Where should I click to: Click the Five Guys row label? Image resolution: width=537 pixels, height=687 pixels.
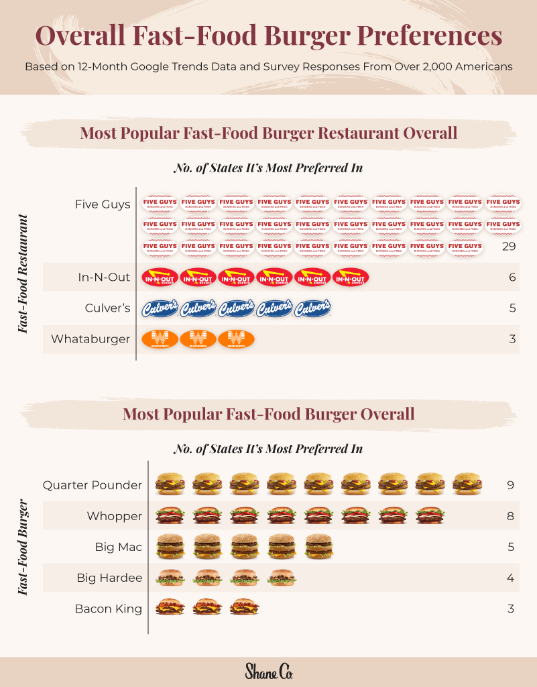pos(103,204)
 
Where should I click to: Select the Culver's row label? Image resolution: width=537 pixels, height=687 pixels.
pos(107,308)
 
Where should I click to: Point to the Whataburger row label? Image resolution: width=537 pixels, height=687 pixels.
pos(91,338)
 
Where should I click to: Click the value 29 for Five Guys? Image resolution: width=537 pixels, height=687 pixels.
pos(508,247)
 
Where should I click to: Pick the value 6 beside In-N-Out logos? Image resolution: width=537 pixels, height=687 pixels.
pos(512,277)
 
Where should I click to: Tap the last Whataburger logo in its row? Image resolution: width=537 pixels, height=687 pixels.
pos(236,338)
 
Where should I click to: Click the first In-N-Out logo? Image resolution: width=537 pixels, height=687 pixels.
pos(160,277)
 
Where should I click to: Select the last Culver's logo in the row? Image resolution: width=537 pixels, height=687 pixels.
pos(313,308)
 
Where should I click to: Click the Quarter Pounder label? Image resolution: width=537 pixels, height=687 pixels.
pos(93,485)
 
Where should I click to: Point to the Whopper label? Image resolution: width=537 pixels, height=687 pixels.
pos(114,515)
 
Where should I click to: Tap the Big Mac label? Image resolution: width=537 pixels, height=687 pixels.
pos(118,547)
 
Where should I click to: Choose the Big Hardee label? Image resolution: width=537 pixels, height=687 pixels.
pos(109,578)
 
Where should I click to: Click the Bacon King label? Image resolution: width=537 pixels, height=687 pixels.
pos(108,609)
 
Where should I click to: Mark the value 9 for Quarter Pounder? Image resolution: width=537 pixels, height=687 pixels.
pos(511,485)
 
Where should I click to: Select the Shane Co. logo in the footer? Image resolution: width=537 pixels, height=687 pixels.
pos(268,671)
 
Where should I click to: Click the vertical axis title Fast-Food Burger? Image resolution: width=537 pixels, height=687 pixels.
pos(23,547)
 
